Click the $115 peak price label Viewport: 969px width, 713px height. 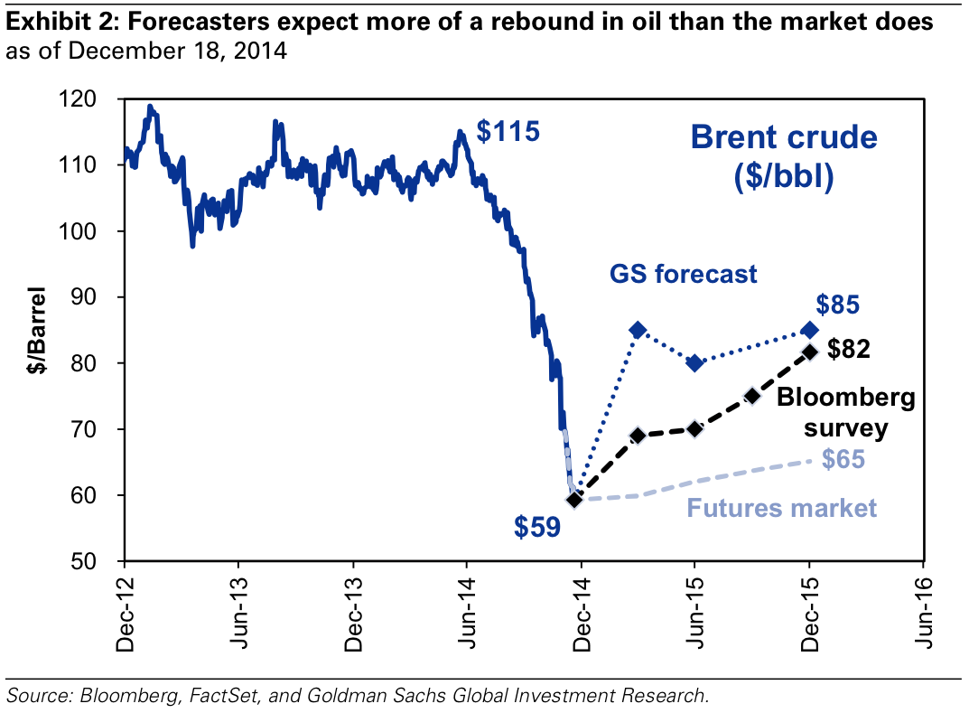pyautogui.click(x=508, y=133)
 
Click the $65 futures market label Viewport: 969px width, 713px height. pyautogui.click(x=843, y=460)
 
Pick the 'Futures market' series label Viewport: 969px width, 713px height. pyautogui.click(x=782, y=508)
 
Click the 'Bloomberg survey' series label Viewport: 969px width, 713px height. pyautogui.click(x=846, y=411)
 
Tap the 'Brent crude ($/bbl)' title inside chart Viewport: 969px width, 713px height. pyautogui.click(x=783, y=156)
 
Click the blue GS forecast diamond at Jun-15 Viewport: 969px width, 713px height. pyautogui.click(x=694, y=362)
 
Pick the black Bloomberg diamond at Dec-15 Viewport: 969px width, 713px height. pyautogui.click(x=809, y=352)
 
